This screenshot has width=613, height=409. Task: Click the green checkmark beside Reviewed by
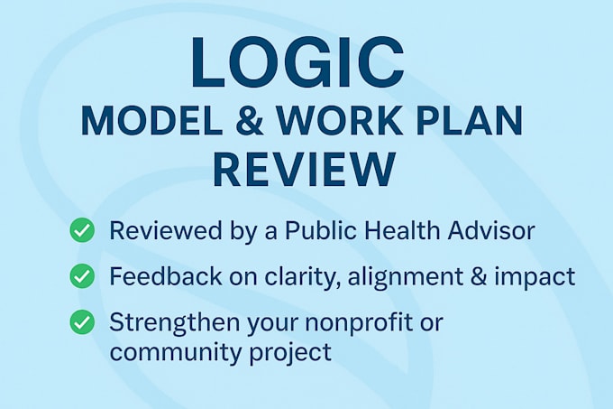click(83, 231)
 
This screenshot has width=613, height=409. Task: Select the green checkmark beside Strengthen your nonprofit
click(83, 321)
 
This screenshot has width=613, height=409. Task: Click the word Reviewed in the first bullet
click(160, 231)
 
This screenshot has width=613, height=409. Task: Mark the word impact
click(537, 277)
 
